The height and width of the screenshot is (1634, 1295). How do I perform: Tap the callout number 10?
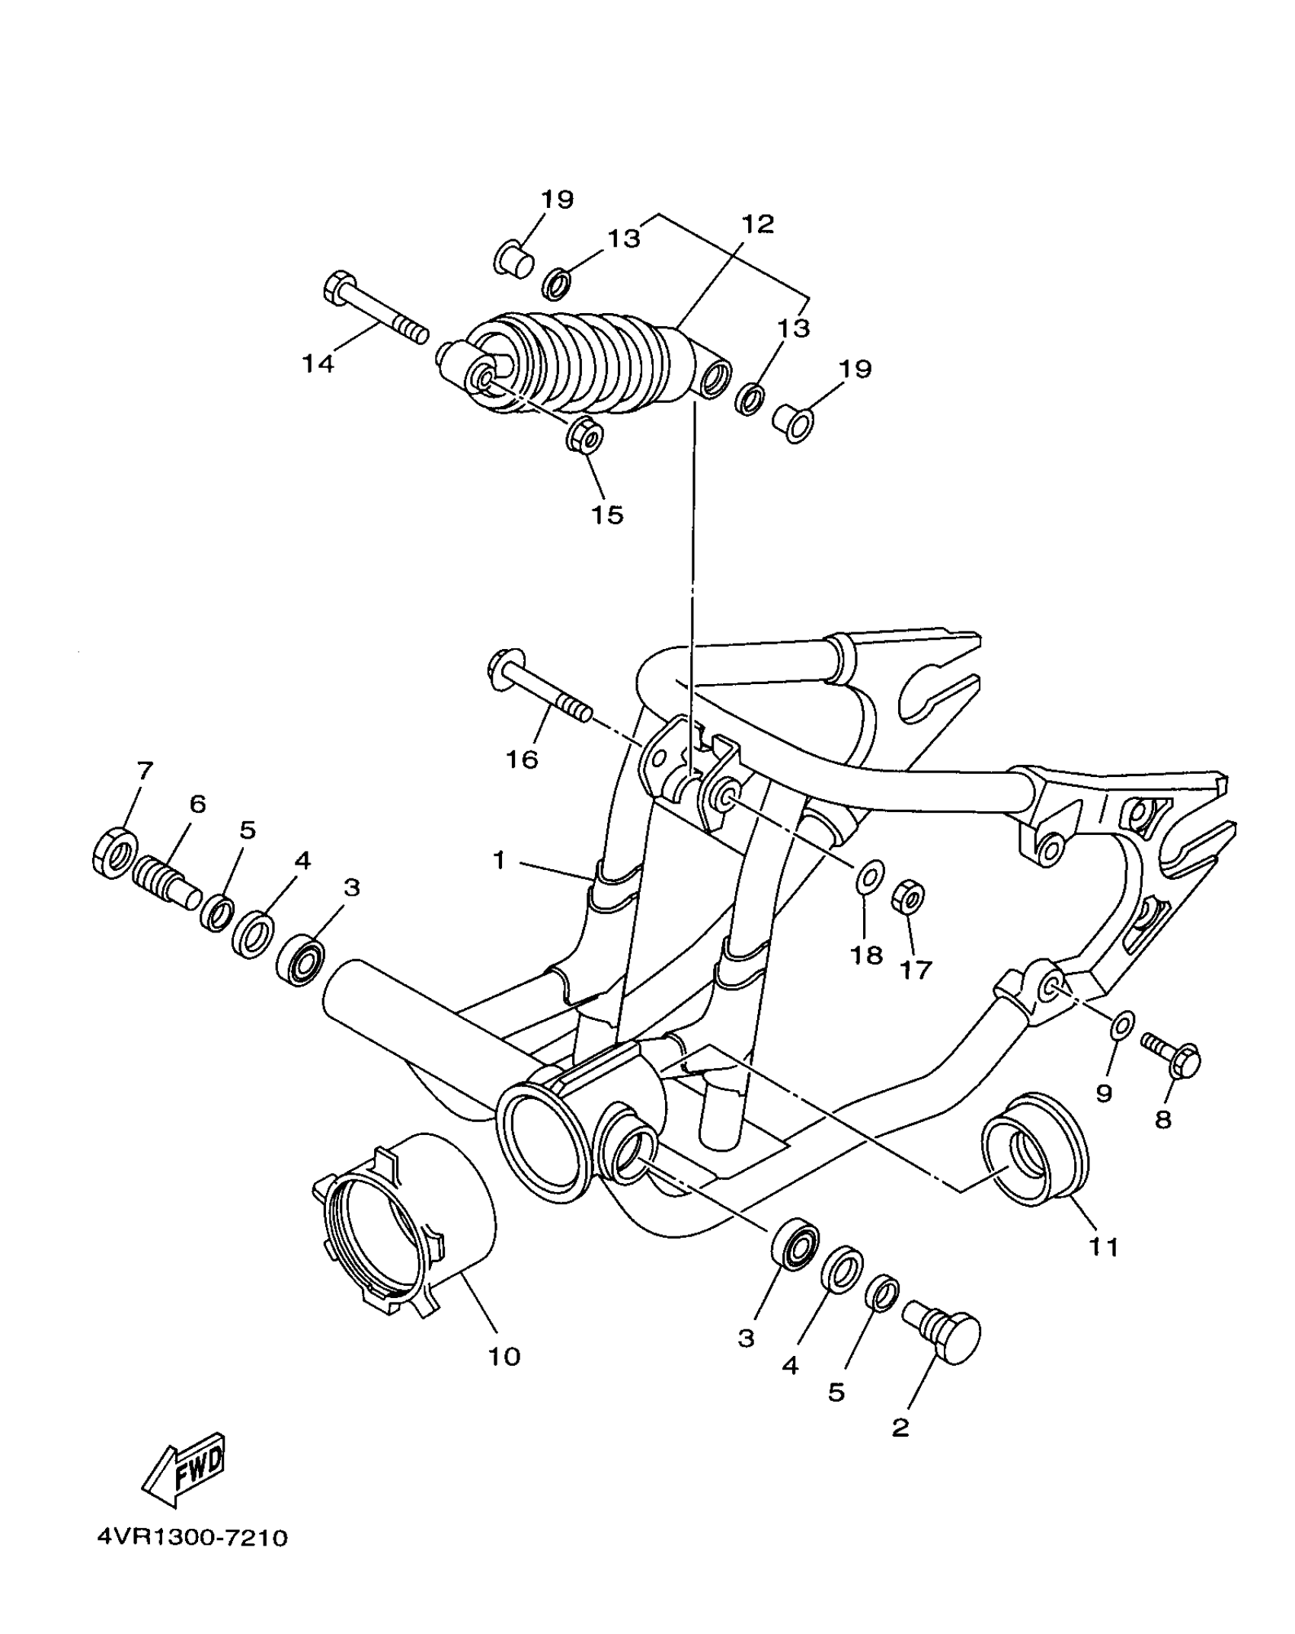point(504,1357)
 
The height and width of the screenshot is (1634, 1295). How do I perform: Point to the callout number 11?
point(1104,1247)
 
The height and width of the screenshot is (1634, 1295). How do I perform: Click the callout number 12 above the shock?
point(756,224)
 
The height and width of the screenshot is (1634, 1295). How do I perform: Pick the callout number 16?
point(523,759)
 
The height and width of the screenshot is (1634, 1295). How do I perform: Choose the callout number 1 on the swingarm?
point(499,861)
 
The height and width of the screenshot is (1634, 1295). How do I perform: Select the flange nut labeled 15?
point(585,435)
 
